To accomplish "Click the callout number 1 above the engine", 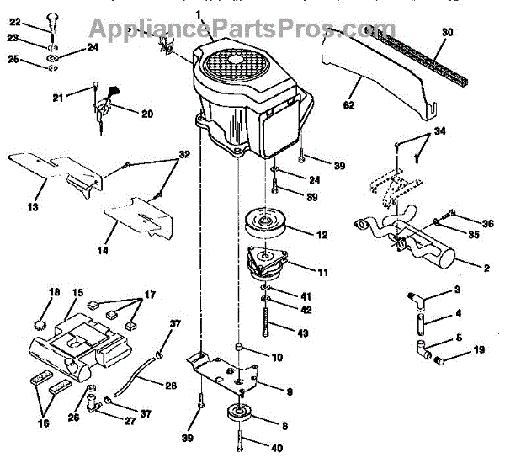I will (x=199, y=14).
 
